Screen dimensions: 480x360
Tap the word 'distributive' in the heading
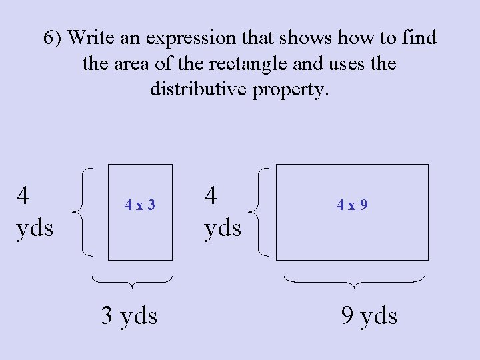198,88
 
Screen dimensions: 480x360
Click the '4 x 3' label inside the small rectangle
140,205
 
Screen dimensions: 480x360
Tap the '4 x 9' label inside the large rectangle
352,205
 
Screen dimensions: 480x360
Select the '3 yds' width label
129,315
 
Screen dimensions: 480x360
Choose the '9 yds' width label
369,315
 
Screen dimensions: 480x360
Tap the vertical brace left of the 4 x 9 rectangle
259,212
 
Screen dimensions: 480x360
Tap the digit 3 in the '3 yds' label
107,315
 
